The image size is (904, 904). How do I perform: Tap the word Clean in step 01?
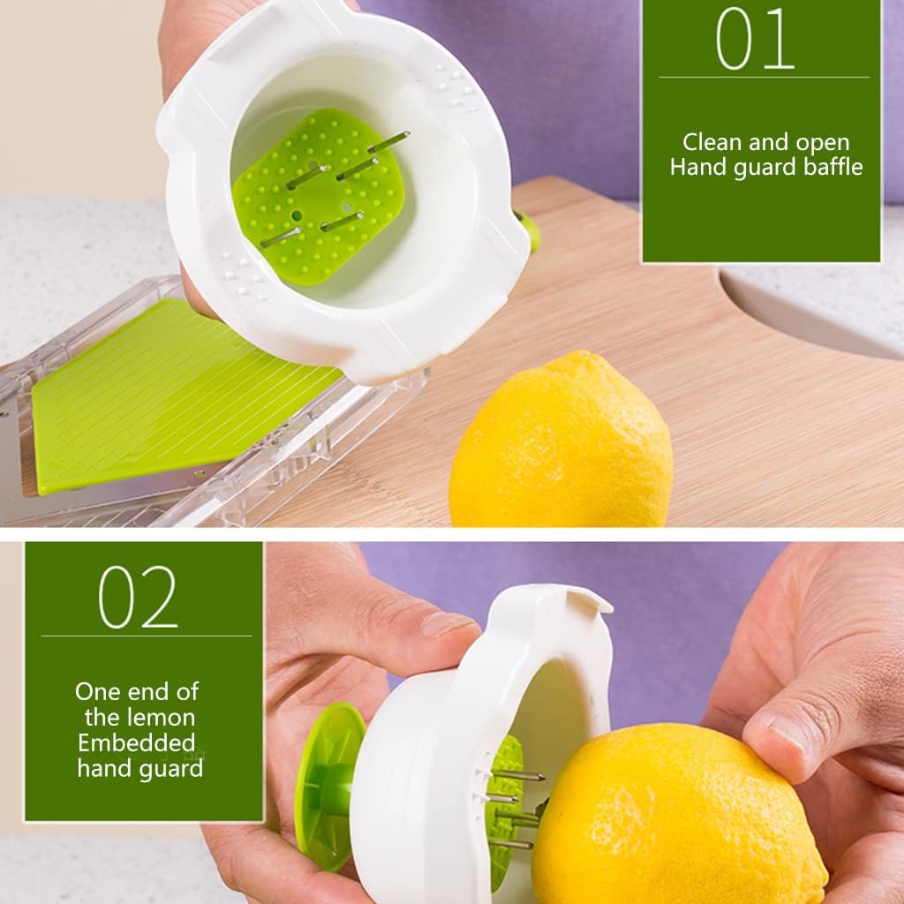click(x=712, y=142)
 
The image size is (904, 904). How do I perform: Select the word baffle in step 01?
click(x=828, y=166)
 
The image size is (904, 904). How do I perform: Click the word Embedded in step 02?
click(x=136, y=742)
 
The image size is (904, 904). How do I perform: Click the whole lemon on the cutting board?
click(x=561, y=441)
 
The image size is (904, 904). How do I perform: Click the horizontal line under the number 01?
click(x=764, y=78)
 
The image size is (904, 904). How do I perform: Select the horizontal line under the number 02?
click(x=146, y=636)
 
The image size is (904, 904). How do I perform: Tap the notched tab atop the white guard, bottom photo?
click(x=587, y=602)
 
